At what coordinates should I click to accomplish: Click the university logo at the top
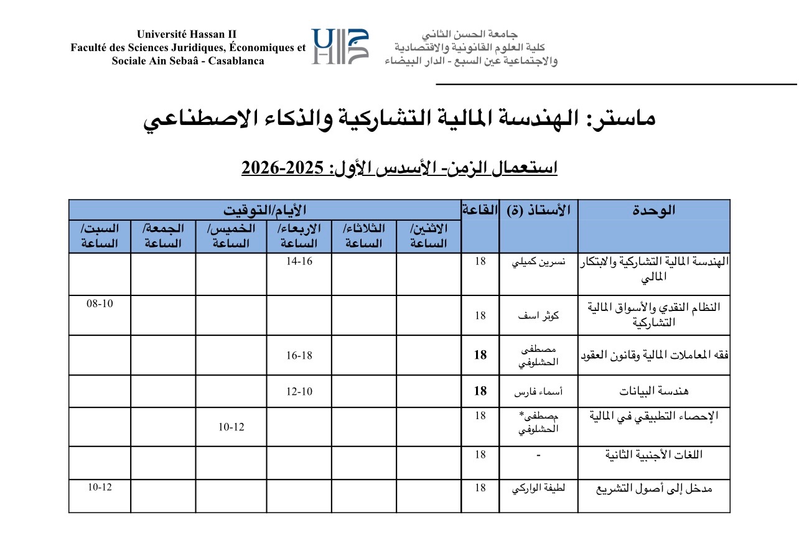point(340,47)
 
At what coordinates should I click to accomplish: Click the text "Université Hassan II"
point(187,34)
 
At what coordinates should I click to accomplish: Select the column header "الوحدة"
point(653,210)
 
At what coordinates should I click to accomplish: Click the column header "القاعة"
point(480,210)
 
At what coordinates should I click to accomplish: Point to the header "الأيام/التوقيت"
point(264,210)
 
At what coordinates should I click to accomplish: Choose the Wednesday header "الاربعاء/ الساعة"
point(299,236)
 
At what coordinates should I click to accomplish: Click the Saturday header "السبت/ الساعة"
point(100,236)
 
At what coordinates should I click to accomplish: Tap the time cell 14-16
point(299,261)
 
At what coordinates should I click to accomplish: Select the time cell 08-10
point(100,303)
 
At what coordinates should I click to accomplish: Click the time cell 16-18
point(299,355)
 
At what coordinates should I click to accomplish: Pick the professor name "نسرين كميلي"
point(538,262)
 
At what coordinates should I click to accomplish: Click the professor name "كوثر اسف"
point(538,315)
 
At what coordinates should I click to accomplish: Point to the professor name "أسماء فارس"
point(538,392)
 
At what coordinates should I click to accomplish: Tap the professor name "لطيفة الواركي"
point(538,488)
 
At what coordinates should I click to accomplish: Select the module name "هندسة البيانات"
point(653,392)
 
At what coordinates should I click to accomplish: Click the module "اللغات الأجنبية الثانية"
point(653,455)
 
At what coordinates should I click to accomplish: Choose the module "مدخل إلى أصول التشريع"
point(653,489)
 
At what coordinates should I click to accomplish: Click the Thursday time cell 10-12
point(231,428)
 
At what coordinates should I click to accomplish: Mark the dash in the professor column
point(538,455)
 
